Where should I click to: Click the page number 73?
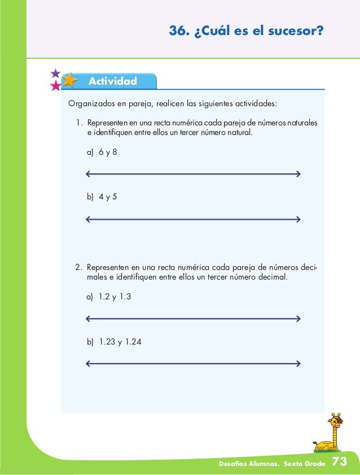[340, 462]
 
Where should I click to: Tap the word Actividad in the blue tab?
[112, 81]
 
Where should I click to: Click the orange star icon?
[70, 81]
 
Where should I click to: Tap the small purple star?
[55, 73]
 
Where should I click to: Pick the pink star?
[55, 86]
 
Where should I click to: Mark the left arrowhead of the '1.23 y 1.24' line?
[87, 363]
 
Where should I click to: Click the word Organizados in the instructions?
[91, 104]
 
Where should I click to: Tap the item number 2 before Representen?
[78, 267]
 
